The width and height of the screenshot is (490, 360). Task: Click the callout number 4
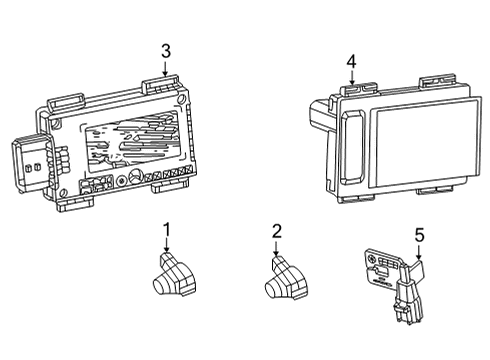350,63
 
